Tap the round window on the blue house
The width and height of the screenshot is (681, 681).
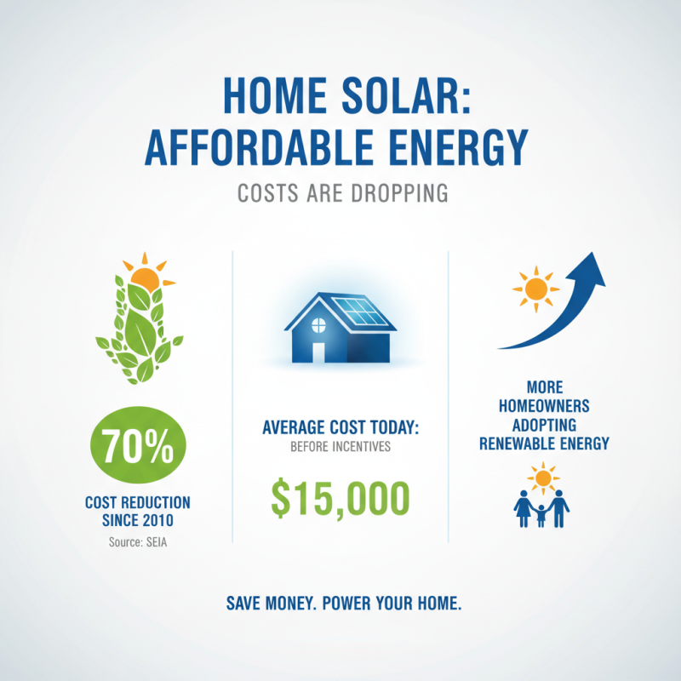[319, 323]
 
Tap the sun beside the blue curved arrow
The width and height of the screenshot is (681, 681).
[535, 289]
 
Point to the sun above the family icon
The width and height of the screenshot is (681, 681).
[542, 475]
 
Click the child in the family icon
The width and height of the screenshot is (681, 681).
[541, 514]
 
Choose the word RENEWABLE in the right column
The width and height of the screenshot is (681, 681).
[518, 444]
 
